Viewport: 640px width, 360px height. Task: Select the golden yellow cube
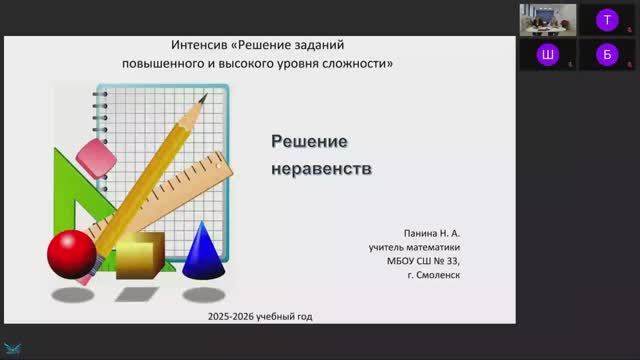click(139, 255)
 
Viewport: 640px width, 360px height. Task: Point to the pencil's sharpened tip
click(208, 98)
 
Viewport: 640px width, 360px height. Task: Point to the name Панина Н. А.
click(433, 229)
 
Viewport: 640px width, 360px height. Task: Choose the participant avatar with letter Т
click(605, 18)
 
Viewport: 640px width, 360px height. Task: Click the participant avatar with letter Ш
click(547, 55)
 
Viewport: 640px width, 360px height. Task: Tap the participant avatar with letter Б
click(605, 55)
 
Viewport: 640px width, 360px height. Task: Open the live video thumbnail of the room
click(547, 18)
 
